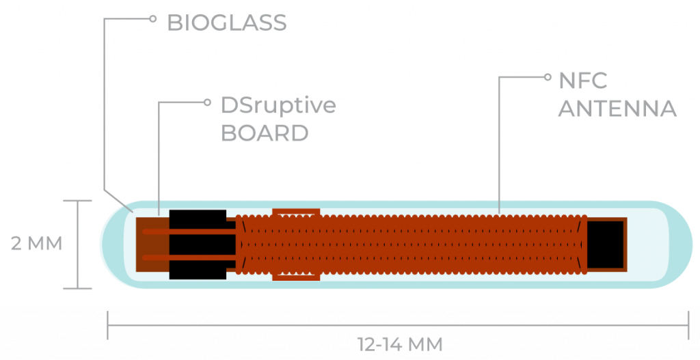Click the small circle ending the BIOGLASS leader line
coord(152,18)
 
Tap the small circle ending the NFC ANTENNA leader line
coord(548,77)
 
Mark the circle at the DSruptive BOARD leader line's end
coord(207,102)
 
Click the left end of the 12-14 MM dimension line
coord(107,325)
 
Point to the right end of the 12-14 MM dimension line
coord(688,325)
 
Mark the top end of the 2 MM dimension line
coord(78,201)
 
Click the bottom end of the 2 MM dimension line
coord(78,288)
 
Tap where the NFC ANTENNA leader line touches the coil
coord(499,214)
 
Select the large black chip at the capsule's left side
coord(198,245)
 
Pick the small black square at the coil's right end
coord(605,245)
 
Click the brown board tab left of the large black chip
coord(152,245)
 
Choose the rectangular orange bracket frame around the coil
coord(296,245)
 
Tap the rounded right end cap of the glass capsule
coord(674,245)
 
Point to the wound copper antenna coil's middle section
coord(410,245)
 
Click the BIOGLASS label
coord(227,23)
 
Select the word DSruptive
coord(279,105)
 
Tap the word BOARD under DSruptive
coord(265,133)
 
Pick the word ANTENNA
coord(617,109)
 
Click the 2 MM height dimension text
coord(37,244)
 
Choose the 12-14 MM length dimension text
coord(400,344)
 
